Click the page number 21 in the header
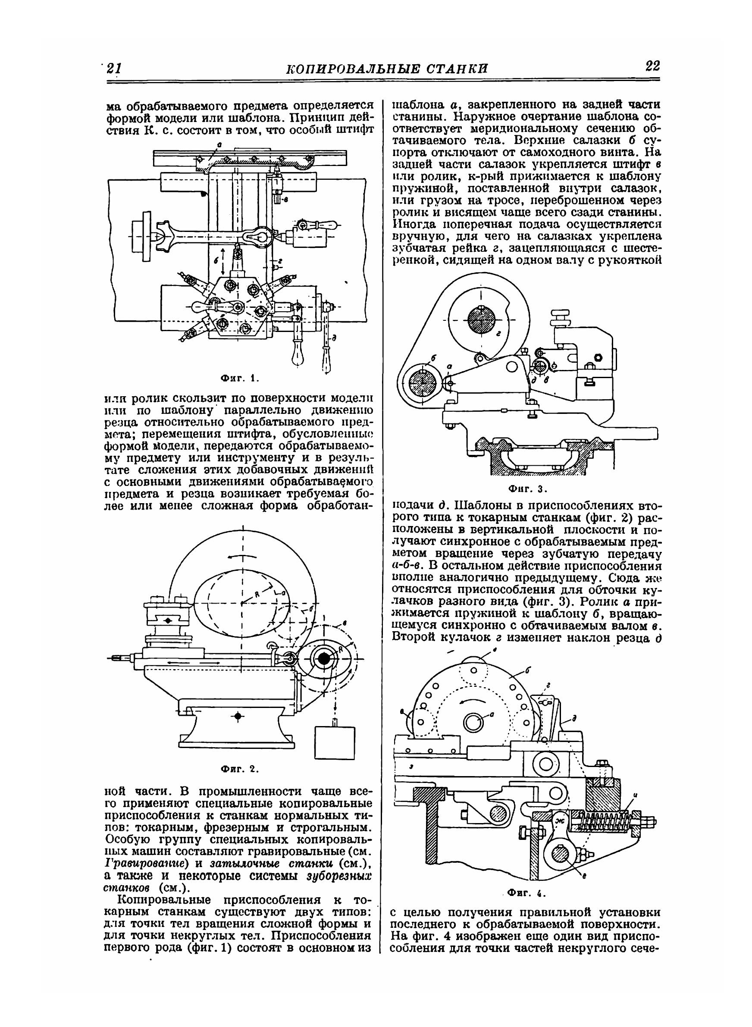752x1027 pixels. tap(113, 68)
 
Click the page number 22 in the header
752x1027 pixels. tap(652, 66)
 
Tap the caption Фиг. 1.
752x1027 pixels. tap(239, 378)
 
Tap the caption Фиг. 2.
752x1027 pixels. tap(239, 769)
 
